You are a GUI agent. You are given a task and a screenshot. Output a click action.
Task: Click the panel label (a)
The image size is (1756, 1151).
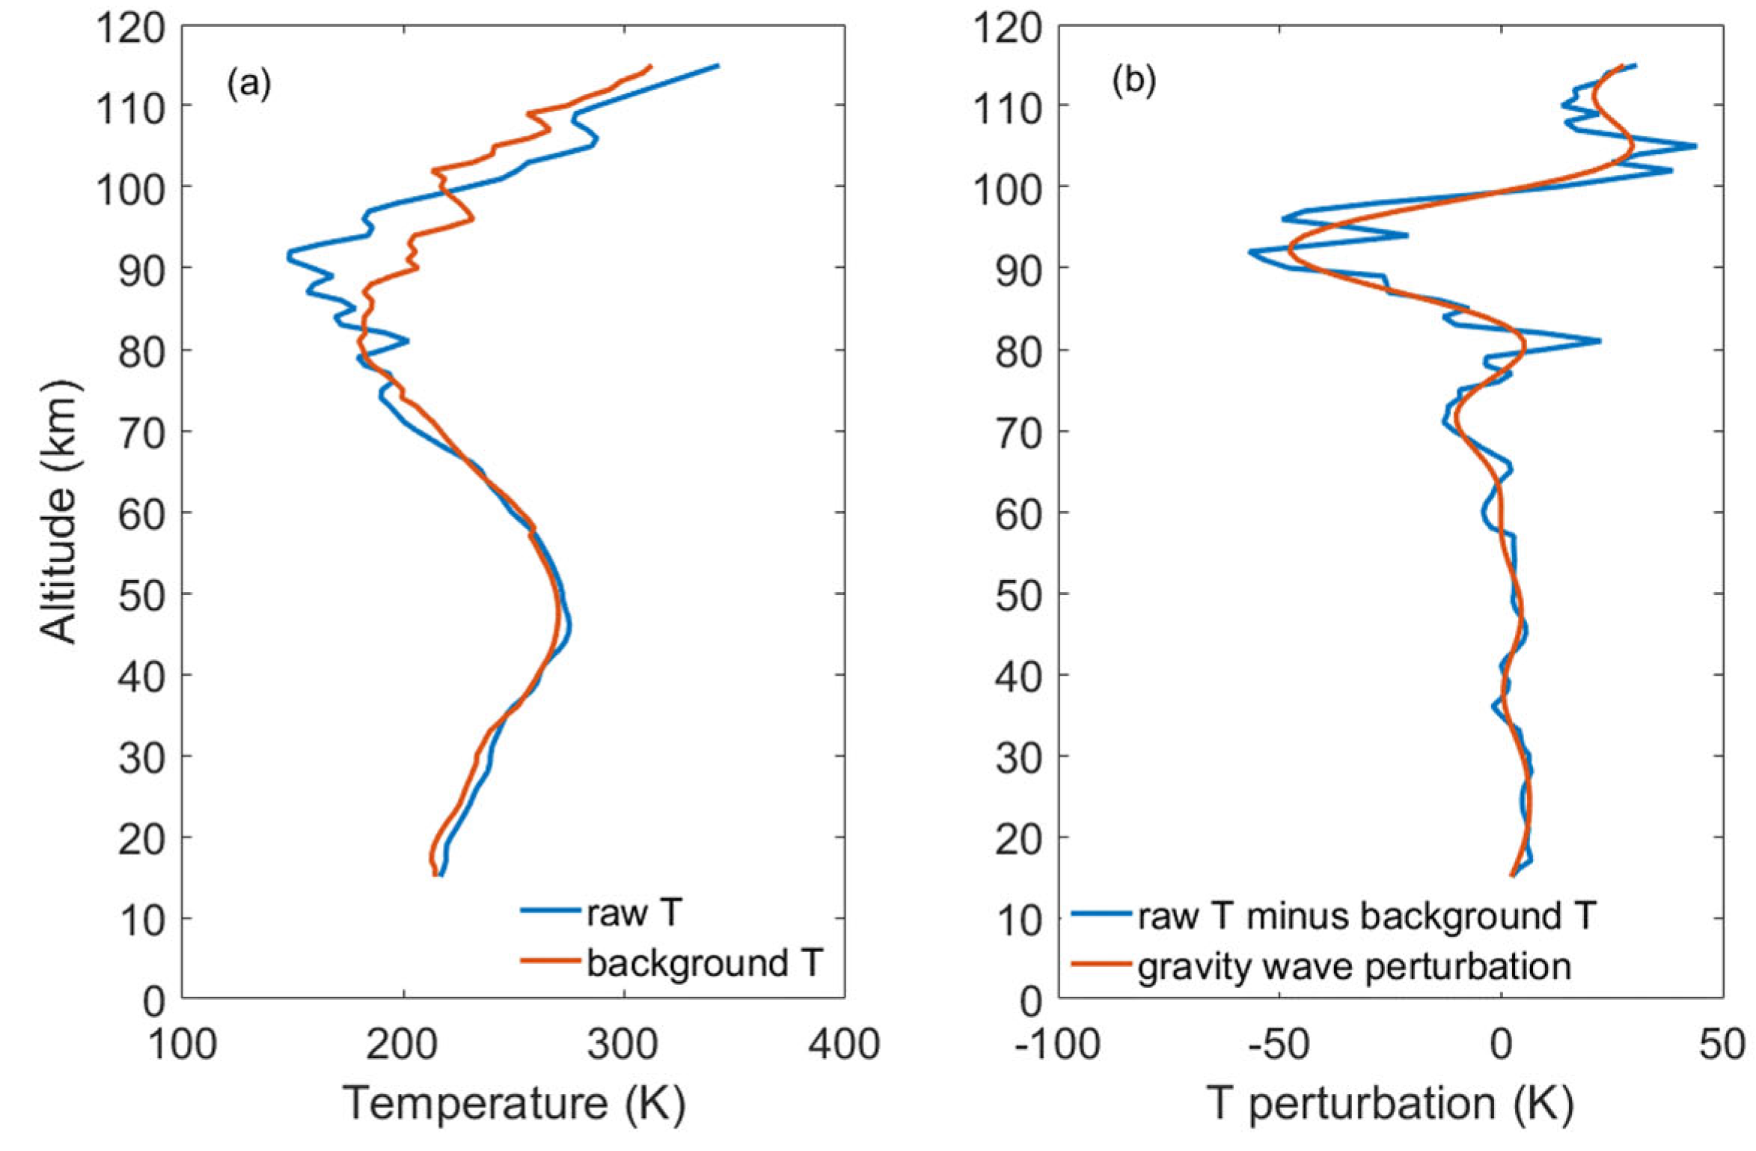(x=248, y=84)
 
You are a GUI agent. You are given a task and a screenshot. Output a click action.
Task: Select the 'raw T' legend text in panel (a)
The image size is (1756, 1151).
(x=633, y=912)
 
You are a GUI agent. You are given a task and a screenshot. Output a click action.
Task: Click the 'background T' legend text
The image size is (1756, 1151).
(x=704, y=962)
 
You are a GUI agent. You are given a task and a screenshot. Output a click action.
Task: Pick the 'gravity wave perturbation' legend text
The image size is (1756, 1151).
(x=1353, y=966)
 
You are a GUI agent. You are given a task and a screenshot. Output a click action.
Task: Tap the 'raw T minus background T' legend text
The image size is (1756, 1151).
(x=1367, y=915)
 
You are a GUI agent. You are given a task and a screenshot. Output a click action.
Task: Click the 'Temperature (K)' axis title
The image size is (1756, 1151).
(x=514, y=1103)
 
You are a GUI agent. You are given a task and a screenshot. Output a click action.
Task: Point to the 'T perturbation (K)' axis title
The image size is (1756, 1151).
(x=1389, y=1103)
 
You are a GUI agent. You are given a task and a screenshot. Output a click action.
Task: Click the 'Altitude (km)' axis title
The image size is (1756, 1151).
(x=58, y=513)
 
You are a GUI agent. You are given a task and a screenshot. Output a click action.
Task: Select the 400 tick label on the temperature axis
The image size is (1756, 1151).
(x=844, y=1043)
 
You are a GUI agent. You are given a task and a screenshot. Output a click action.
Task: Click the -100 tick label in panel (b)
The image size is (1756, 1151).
(x=1057, y=1043)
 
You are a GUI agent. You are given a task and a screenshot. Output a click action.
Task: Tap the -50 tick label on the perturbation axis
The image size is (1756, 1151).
(x=1279, y=1043)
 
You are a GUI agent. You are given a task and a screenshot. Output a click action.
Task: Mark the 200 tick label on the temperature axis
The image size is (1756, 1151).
(x=402, y=1043)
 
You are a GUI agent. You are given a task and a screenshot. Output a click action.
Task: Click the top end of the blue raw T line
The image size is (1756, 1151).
(x=717, y=66)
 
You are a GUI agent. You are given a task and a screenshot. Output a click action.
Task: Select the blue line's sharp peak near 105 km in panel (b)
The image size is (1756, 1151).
(x=1694, y=146)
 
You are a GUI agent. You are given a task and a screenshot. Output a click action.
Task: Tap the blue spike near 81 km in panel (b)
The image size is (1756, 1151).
(x=1598, y=341)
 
